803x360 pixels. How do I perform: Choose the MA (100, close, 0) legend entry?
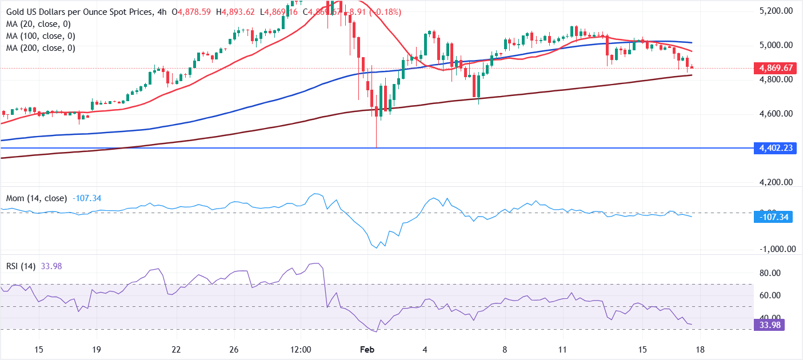click(x=41, y=36)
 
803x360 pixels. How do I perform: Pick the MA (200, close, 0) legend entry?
click(x=41, y=48)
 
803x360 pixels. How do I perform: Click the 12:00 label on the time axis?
click(x=300, y=349)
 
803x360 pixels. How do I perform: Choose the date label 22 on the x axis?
click(x=176, y=349)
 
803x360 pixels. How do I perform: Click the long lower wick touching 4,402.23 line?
click(x=377, y=134)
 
